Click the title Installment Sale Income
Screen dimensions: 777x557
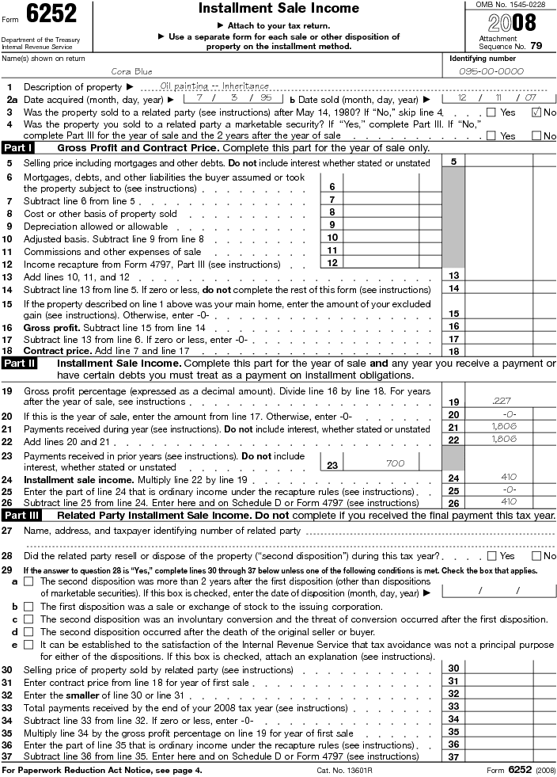278,9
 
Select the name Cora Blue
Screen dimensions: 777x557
132,71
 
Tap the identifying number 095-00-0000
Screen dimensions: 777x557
492,71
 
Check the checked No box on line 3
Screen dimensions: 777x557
536,112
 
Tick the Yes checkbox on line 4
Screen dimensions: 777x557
491,135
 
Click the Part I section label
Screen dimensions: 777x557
18,148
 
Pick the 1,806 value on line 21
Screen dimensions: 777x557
503,427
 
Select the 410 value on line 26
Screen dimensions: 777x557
508,501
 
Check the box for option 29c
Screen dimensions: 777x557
28,619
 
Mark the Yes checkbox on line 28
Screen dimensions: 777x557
491,556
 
